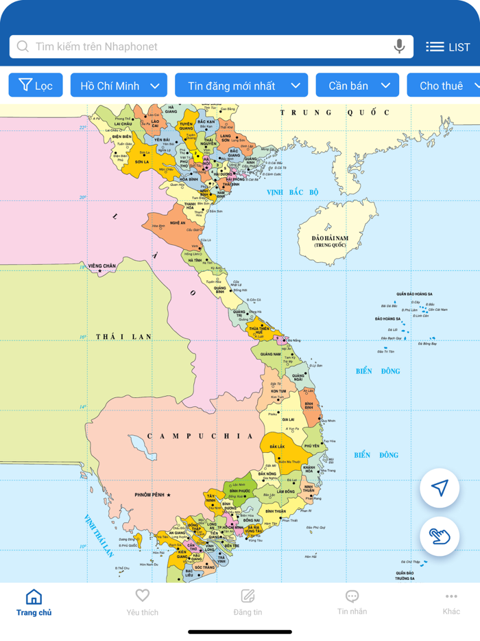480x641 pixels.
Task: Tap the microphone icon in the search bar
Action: [399, 47]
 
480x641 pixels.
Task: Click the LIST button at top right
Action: [448, 47]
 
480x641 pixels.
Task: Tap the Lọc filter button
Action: [36, 86]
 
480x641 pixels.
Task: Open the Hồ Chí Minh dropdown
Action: [119, 86]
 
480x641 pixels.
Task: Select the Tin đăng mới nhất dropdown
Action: [241, 86]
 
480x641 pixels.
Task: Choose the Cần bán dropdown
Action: [357, 86]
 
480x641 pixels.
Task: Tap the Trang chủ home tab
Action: [34, 603]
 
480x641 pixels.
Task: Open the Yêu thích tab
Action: [142, 603]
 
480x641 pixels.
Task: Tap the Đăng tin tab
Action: [248, 603]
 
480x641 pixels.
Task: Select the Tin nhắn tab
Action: [352, 603]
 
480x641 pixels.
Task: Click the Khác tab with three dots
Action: [451, 603]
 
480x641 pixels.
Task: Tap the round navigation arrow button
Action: [440, 488]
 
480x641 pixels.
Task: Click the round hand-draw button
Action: [440, 536]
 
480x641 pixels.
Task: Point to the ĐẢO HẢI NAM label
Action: [330, 238]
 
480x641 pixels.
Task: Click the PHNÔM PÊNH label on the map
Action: [151, 495]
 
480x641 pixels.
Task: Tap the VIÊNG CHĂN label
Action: [101, 266]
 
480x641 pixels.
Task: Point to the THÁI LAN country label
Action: [123, 336]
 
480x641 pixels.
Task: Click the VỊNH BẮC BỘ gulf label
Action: [293, 192]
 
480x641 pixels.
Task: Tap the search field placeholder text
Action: [97, 47]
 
